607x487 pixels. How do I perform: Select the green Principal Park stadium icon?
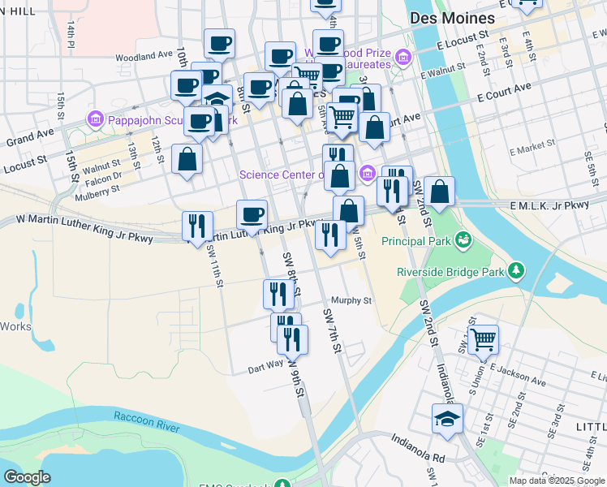click(x=463, y=239)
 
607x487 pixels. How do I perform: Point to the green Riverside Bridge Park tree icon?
click(x=514, y=271)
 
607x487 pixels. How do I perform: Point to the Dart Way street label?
click(x=266, y=368)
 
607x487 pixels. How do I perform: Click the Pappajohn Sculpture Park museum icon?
click(x=95, y=121)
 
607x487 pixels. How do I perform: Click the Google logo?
click(x=27, y=478)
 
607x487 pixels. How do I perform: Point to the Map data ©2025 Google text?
click(x=556, y=481)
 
